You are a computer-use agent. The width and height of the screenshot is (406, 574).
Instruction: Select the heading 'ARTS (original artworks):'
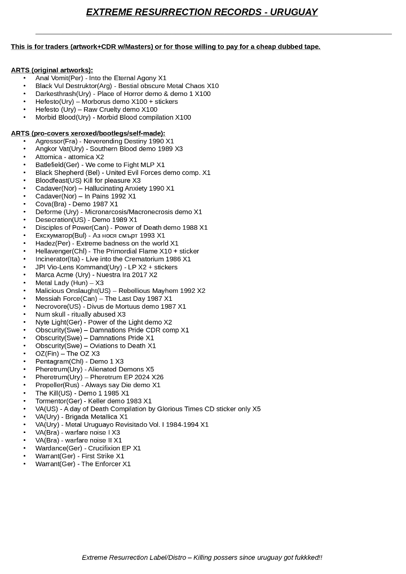52,70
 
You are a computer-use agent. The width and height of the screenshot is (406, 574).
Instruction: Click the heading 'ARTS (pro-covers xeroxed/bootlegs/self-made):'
88,133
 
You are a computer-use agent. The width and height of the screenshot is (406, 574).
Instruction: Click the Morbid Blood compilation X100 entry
113,117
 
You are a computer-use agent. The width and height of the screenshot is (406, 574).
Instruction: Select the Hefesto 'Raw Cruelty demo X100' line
96,109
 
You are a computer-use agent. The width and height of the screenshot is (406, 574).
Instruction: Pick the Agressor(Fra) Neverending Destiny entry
104,141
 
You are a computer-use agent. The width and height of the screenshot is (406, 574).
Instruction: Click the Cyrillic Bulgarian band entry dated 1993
100,235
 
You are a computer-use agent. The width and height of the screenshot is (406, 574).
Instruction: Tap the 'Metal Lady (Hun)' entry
69,283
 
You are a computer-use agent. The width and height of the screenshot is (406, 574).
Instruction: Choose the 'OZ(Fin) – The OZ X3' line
67,353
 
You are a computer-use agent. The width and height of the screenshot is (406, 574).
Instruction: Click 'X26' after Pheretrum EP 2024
157,377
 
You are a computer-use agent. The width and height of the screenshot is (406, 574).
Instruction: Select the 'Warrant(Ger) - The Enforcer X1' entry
83,464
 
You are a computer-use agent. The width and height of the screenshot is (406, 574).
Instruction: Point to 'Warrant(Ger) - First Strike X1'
80,456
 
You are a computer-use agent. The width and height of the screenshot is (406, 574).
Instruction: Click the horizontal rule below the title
213,34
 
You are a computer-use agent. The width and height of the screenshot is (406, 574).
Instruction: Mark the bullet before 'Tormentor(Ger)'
24,401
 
